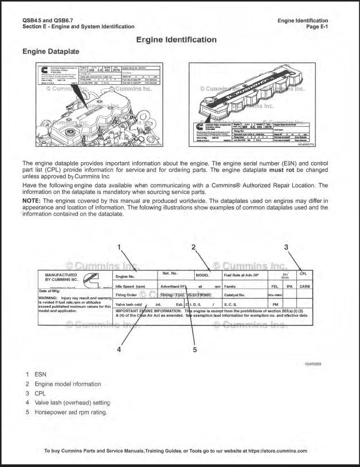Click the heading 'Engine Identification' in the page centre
[176, 40]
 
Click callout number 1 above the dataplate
[119, 248]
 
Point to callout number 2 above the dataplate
[194, 248]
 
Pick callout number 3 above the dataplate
[285, 248]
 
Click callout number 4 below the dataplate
[119, 350]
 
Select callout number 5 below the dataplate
[194, 350]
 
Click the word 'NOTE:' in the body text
[32, 200]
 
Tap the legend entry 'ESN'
[41, 374]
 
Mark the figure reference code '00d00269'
[313, 364]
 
